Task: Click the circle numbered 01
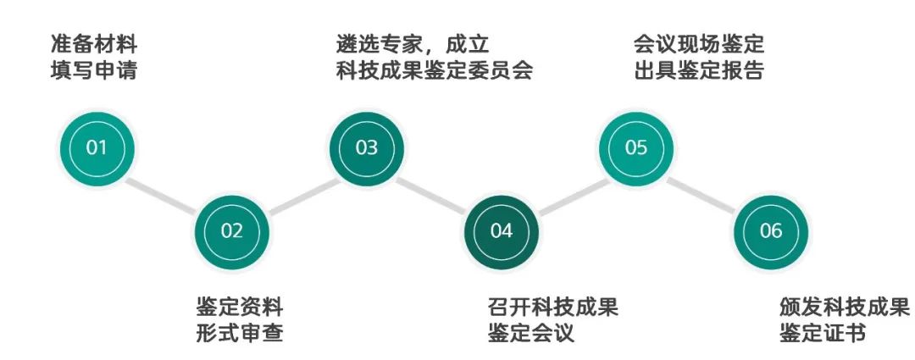[x=97, y=148]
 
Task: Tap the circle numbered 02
[x=231, y=232]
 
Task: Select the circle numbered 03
[x=367, y=148]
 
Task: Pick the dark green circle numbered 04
[x=502, y=232]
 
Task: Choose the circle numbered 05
[x=636, y=148]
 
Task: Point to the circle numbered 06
[x=771, y=232]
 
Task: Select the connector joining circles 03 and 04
[x=432, y=194]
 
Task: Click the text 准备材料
[x=93, y=44]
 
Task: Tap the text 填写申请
[x=93, y=70]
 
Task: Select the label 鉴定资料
[x=239, y=307]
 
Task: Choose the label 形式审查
[x=239, y=334]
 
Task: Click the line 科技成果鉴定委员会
[x=434, y=70]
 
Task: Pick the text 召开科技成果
[x=552, y=307]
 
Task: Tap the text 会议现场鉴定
[x=699, y=44]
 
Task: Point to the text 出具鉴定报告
[x=699, y=70]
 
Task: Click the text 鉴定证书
[x=822, y=334]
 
